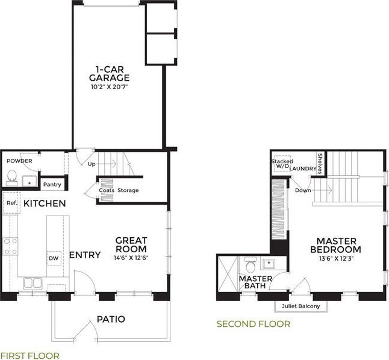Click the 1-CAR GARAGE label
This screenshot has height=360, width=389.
pyautogui.click(x=109, y=73)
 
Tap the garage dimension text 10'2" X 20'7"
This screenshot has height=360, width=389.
pyautogui.click(x=110, y=87)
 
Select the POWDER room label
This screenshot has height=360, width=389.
pyautogui.click(x=19, y=161)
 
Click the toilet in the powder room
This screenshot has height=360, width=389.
pyautogui.click(x=11, y=178)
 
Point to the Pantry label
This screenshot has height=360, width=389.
pyautogui.click(x=52, y=185)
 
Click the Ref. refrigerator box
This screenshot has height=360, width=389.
pyautogui.click(x=11, y=203)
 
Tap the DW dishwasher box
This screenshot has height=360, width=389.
pyautogui.click(x=54, y=258)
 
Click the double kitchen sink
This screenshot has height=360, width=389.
pyautogui.click(x=33, y=283)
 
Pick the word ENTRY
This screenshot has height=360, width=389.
pyautogui.click(x=85, y=255)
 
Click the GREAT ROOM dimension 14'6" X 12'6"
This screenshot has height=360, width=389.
pyautogui.click(x=131, y=258)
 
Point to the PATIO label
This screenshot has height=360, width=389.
pyautogui.click(x=111, y=319)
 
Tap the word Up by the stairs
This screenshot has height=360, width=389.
pyautogui.click(x=92, y=164)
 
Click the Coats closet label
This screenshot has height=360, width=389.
pyautogui.click(x=107, y=190)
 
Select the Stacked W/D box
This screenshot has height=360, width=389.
pyautogui.click(x=282, y=164)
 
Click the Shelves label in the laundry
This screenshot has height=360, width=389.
pyautogui.click(x=320, y=164)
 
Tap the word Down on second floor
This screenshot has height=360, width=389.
pyautogui.click(x=303, y=190)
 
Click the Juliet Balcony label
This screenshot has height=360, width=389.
pyautogui.click(x=300, y=306)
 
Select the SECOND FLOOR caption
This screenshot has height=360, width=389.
pyautogui.click(x=254, y=324)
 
